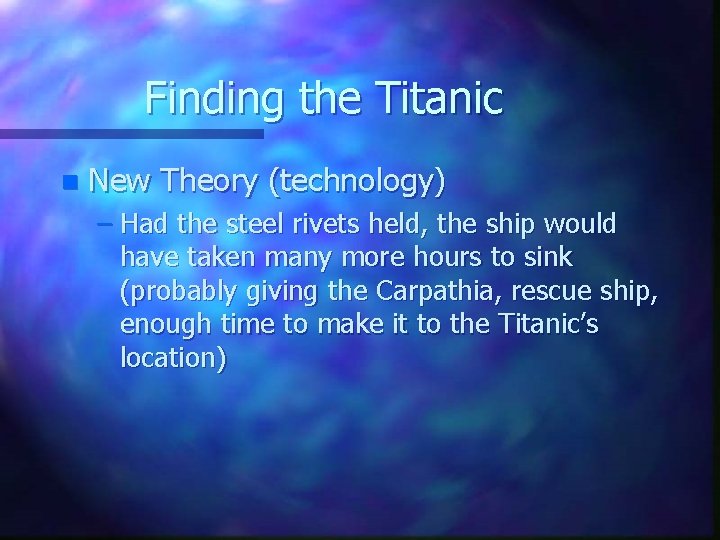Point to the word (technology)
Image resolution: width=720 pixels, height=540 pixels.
tap(357, 182)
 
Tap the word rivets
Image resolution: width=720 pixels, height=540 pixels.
tap(335, 223)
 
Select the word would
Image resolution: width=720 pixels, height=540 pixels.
tap(583, 223)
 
